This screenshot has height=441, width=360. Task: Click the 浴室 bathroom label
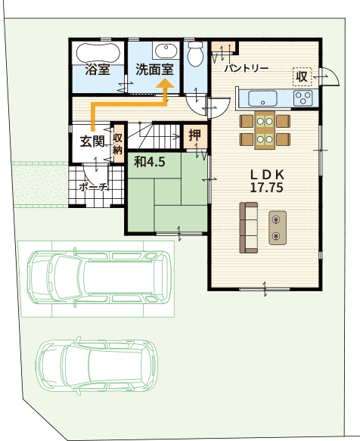click(x=98, y=70)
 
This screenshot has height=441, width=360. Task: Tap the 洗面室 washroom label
click(x=154, y=70)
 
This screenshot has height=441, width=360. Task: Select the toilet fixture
click(x=195, y=54)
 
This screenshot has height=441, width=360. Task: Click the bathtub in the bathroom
click(x=98, y=53)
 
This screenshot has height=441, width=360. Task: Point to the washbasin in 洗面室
click(x=166, y=51)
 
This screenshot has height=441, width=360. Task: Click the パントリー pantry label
click(x=247, y=68)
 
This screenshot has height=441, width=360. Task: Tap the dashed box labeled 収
click(x=302, y=77)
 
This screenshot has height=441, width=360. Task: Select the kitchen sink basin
click(x=262, y=98)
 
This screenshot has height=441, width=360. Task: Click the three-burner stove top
click(x=303, y=98)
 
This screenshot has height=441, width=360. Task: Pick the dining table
click(x=265, y=130)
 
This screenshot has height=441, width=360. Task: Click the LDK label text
click(x=268, y=175)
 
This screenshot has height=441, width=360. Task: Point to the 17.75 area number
click(x=266, y=188)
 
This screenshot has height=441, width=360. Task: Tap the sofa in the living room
click(x=249, y=228)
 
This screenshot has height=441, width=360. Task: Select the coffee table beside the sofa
click(x=278, y=228)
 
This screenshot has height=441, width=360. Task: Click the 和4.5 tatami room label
click(x=150, y=163)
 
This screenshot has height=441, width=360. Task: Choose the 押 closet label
click(x=195, y=135)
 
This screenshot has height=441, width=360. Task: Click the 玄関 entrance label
click(x=92, y=141)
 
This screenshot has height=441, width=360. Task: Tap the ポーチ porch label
click(x=94, y=187)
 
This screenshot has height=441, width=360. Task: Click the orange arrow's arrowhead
click(x=166, y=83)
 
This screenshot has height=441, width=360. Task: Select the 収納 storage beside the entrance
click(x=117, y=144)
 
